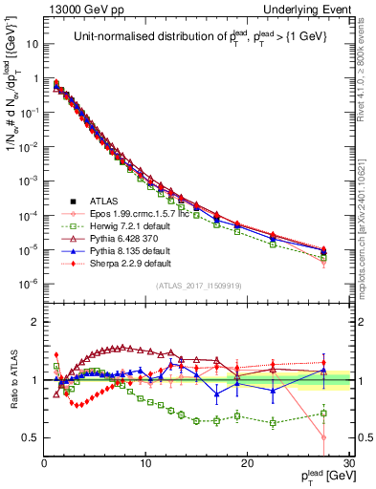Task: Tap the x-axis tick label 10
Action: point(145,463)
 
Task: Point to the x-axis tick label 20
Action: point(248,463)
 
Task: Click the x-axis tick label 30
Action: point(349,463)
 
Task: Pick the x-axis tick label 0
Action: point(44,463)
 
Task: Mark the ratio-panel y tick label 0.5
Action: point(31,437)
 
